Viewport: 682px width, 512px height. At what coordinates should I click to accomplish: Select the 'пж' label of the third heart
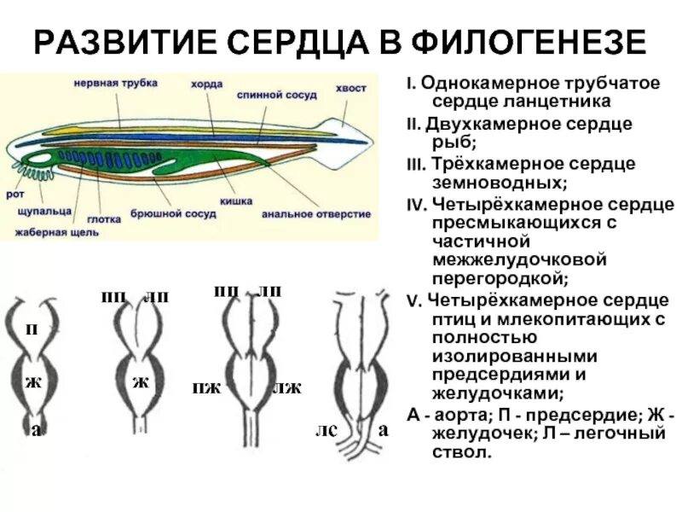[206, 388]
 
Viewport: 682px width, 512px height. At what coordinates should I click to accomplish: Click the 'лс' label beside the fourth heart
[326, 431]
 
